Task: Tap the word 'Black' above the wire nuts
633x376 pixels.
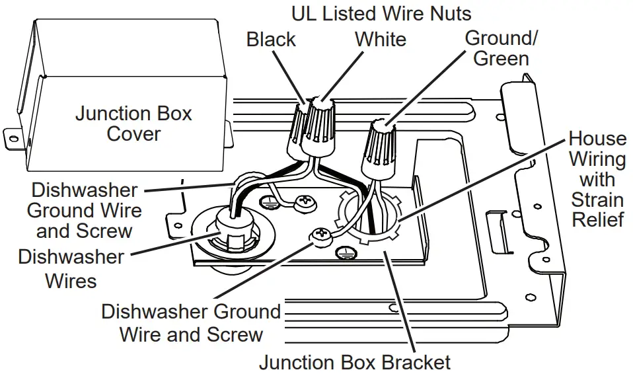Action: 271,39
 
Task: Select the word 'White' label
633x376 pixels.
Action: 380,39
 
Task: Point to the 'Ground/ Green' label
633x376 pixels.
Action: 501,48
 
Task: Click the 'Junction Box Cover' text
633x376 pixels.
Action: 133,124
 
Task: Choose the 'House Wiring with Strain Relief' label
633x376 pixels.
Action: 597,178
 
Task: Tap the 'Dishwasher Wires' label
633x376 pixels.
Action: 71,268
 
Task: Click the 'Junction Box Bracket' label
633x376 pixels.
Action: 354,362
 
